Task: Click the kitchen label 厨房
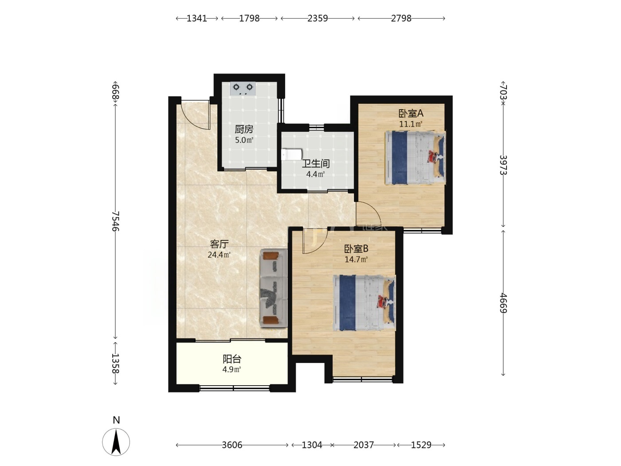click(244, 129)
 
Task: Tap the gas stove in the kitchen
click(243, 88)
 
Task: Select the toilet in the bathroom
click(291, 154)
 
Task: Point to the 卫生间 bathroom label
click(316, 163)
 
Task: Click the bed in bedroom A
click(415, 158)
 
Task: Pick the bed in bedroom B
click(364, 303)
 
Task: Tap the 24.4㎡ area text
click(219, 255)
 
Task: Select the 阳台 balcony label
click(232, 359)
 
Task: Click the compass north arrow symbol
click(116, 442)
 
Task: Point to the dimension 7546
click(115, 221)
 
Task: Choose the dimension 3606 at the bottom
click(232, 445)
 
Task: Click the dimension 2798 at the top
click(401, 18)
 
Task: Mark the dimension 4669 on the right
click(503, 303)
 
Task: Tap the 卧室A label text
click(411, 114)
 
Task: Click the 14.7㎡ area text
click(356, 259)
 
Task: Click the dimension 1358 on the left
click(115, 363)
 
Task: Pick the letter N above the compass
click(116, 420)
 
